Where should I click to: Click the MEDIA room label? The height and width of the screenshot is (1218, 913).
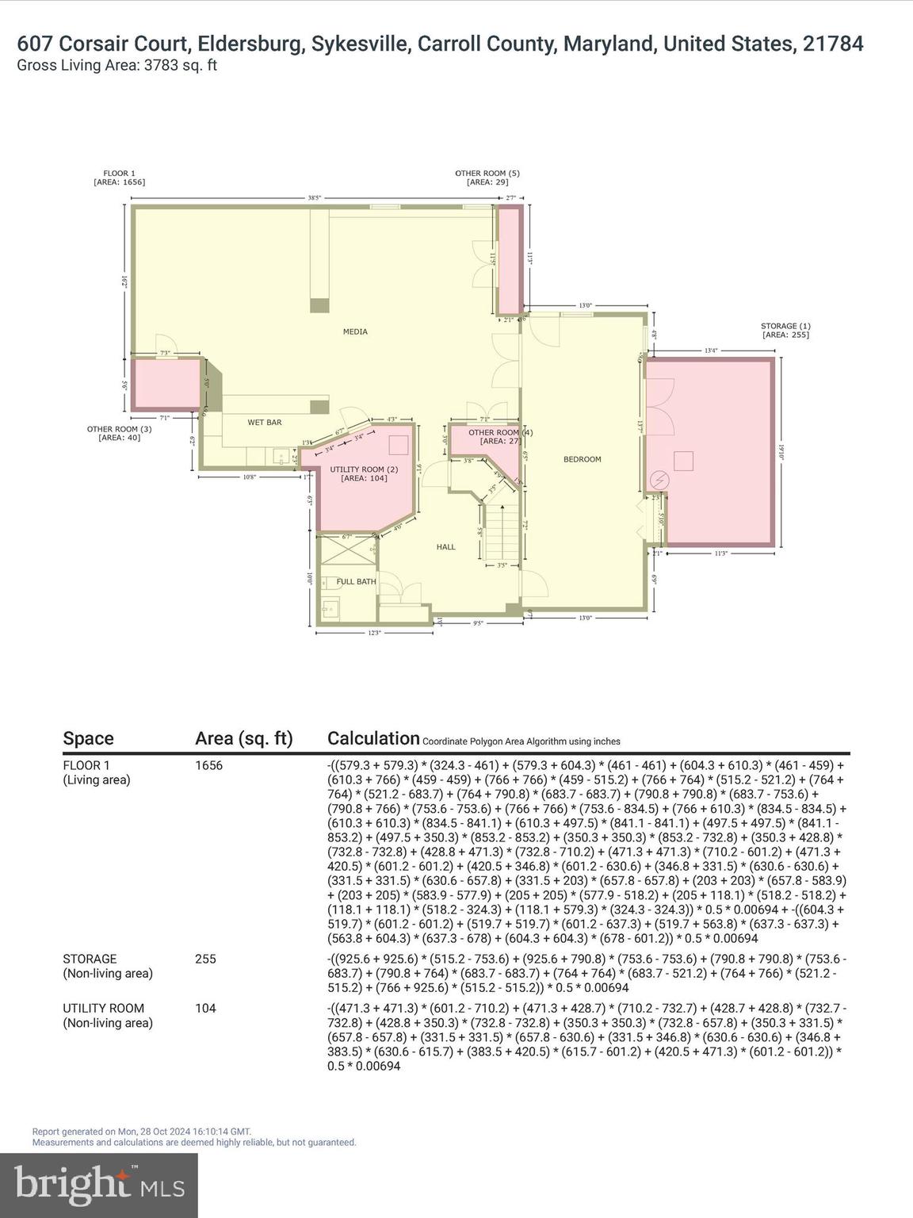[354, 331]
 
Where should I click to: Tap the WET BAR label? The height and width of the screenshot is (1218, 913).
[264, 423]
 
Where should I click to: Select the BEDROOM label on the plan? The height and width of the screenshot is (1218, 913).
[582, 459]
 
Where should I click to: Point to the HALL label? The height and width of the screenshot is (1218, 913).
[445, 546]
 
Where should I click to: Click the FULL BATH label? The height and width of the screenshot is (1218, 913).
[356, 581]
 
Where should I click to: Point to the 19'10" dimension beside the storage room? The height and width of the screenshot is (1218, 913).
[781, 451]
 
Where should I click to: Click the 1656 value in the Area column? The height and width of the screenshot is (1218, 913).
[208, 765]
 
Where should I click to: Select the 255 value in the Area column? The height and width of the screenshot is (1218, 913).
[205, 959]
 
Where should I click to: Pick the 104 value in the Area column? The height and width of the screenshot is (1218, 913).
[205, 1008]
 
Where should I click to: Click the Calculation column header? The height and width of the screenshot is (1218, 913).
[373, 738]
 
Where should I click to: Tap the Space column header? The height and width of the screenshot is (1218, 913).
[88, 738]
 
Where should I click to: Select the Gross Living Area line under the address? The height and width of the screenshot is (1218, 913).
[117, 65]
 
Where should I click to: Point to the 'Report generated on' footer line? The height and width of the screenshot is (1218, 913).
[141, 1132]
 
